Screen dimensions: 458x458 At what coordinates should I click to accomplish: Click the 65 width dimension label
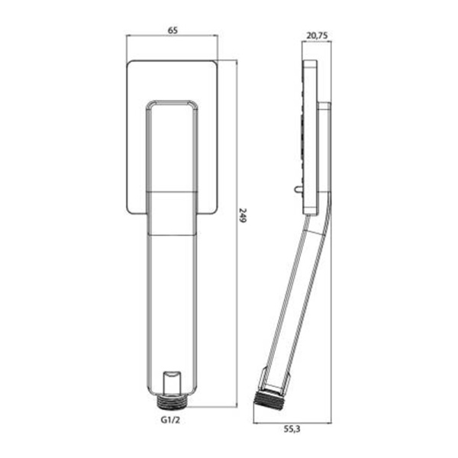pos(173,30)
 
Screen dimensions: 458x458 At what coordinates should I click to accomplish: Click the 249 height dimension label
pos(243,215)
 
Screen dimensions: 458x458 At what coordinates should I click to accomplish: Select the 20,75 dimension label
pos(317,36)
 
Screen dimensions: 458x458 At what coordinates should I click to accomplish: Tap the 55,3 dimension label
pos(292,429)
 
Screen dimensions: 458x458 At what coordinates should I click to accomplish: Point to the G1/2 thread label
pos(170,420)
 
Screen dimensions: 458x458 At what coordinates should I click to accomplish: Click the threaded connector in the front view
pos(172,402)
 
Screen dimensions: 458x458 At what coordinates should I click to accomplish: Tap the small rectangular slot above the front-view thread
pos(172,382)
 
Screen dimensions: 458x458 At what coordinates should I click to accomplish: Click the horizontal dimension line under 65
pos(172,35)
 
